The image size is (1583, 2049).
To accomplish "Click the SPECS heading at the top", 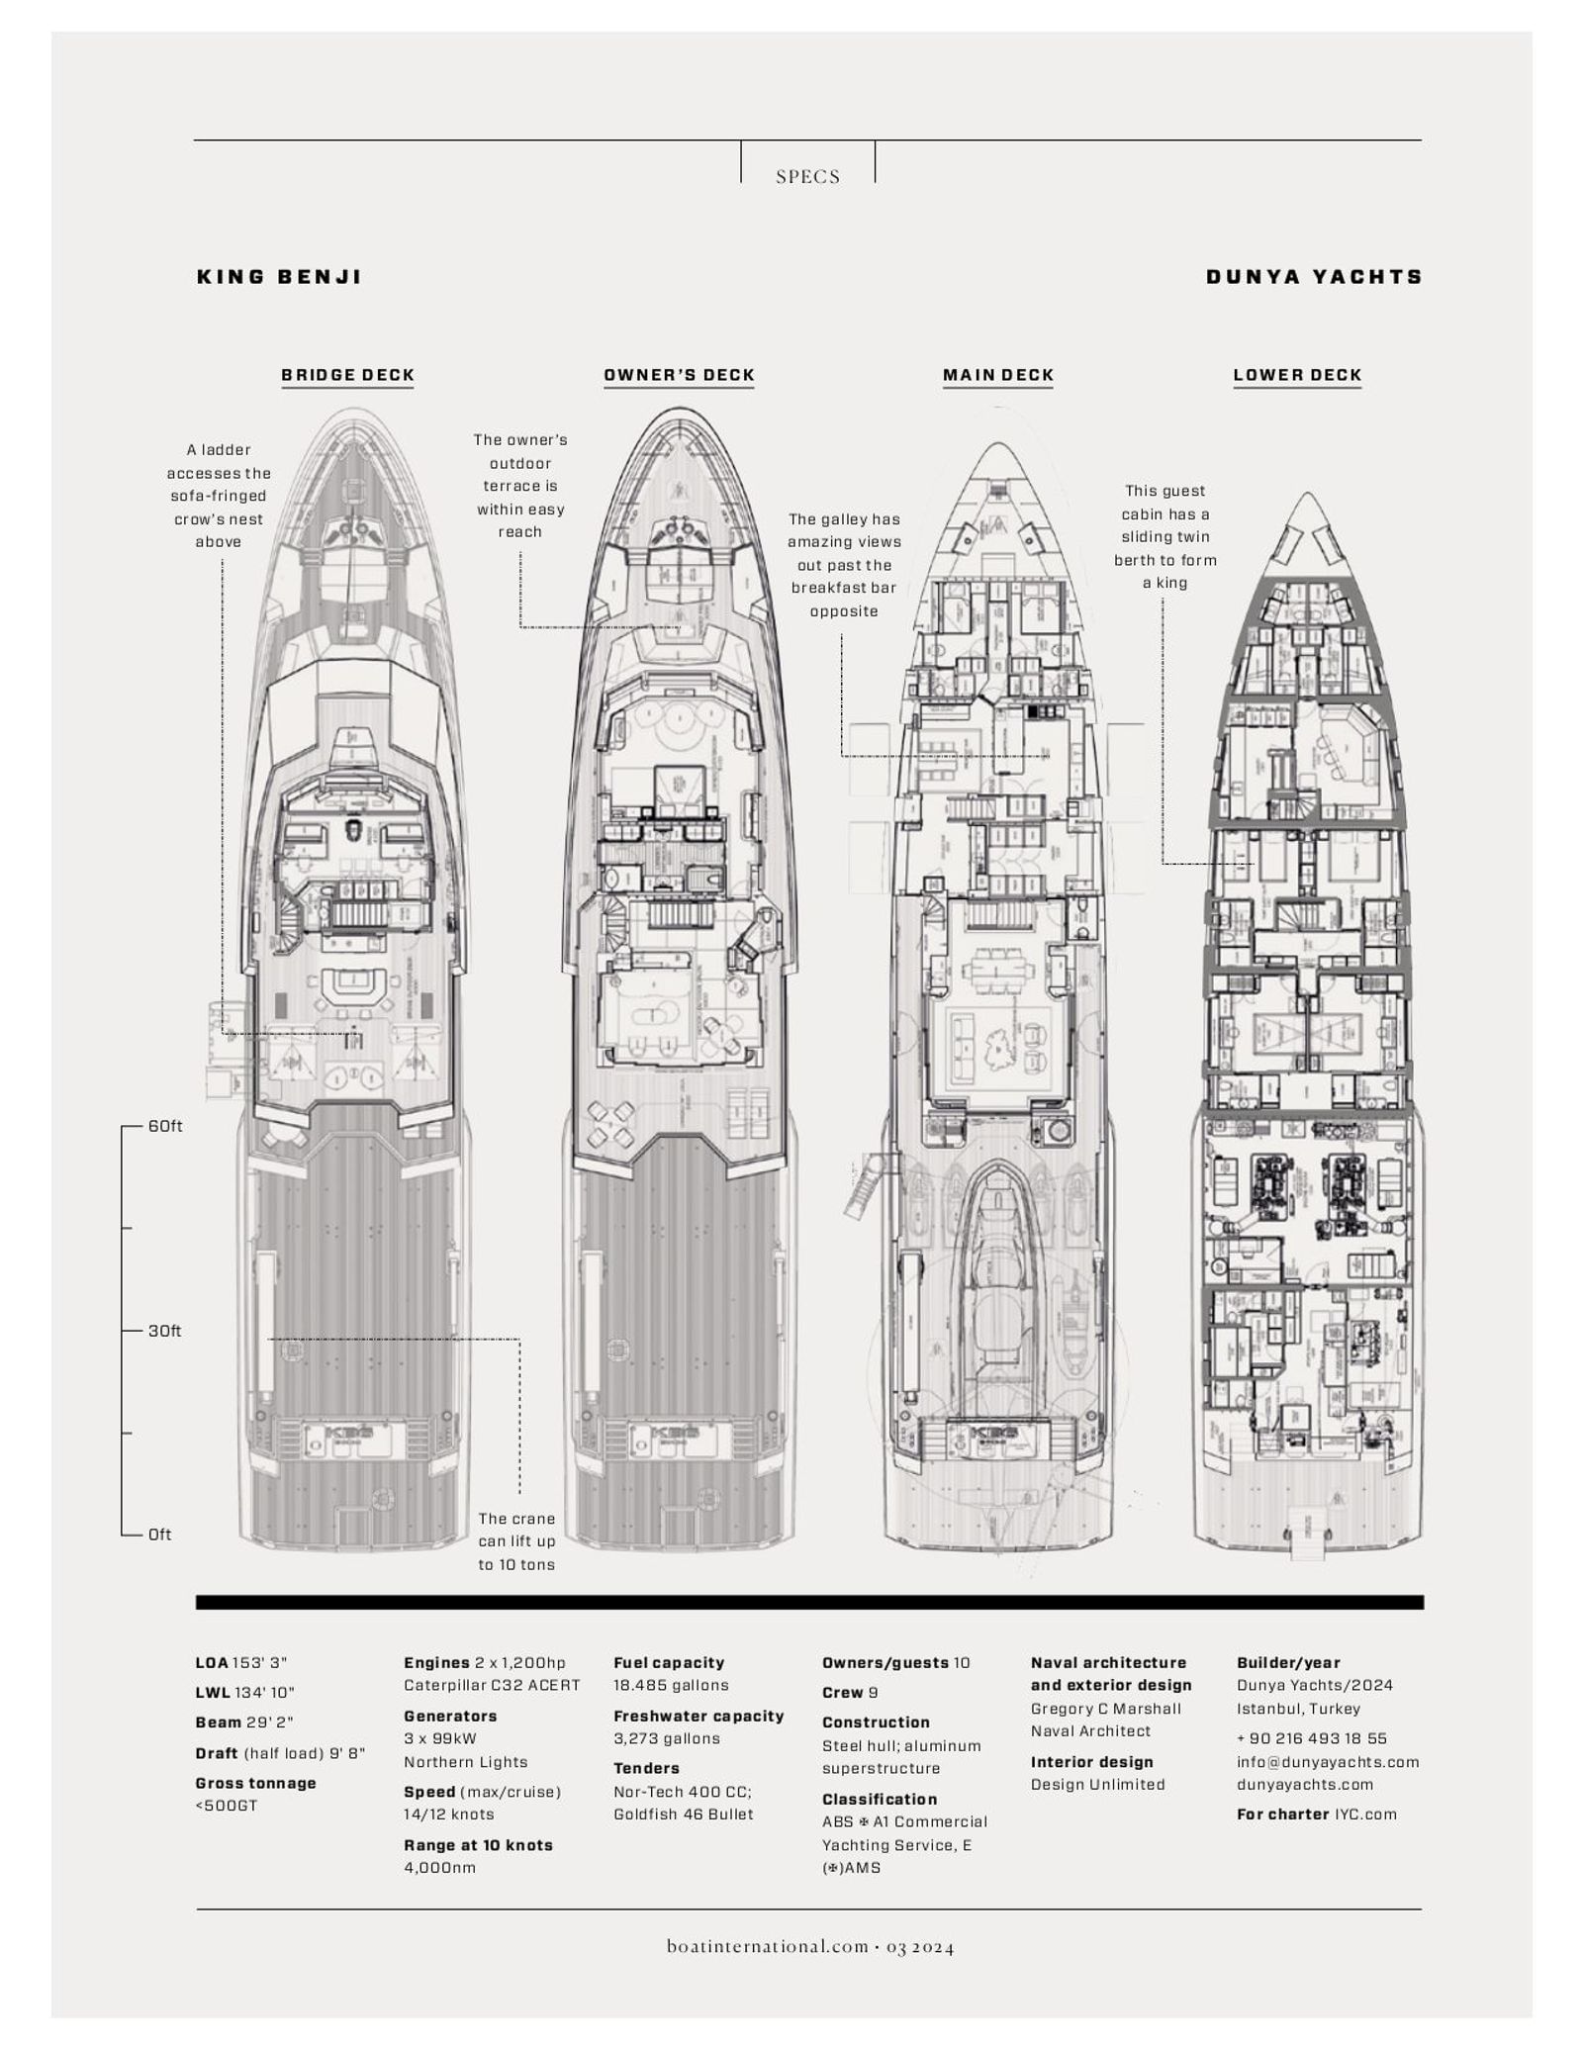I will [x=807, y=177].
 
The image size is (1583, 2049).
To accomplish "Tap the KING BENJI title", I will [x=280, y=277].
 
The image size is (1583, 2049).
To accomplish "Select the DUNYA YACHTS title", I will [x=1314, y=277].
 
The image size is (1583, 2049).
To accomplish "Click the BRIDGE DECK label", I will [x=347, y=375].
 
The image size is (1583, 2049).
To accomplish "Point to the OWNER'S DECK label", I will [x=679, y=375].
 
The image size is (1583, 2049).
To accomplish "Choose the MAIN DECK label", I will [x=998, y=375].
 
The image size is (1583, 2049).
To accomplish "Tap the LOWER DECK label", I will [x=1297, y=375].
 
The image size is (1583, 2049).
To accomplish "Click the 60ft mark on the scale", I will [x=165, y=1126].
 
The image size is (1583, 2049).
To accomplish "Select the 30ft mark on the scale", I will [x=165, y=1331].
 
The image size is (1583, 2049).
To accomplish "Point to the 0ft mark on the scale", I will [x=160, y=1535].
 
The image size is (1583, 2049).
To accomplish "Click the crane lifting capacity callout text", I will [x=516, y=1541].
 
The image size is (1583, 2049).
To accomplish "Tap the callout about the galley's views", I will [x=844, y=565].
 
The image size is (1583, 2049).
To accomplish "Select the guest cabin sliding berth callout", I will [x=1165, y=536].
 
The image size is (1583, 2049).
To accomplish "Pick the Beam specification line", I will [x=243, y=1723].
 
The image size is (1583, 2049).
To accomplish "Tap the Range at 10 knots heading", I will [x=478, y=1845].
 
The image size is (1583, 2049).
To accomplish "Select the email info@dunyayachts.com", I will [x=1328, y=1762].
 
